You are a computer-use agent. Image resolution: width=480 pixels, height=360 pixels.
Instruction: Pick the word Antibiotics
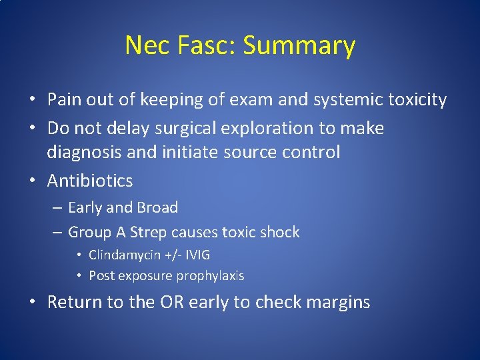point(90,181)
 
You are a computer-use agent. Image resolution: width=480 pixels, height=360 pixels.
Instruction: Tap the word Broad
point(157,207)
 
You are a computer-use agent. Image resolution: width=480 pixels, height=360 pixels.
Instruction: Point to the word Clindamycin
point(124,255)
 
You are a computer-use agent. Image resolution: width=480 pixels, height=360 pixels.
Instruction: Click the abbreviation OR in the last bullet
point(172,302)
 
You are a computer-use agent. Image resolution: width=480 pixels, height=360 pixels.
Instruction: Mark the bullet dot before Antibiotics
point(32,181)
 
